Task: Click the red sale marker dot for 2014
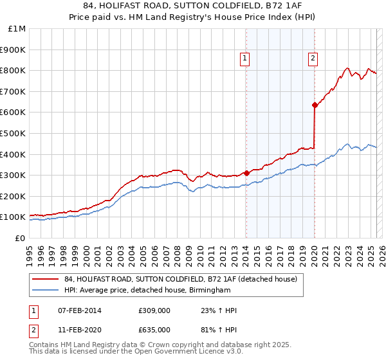coord(246,173)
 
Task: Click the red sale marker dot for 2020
coord(315,105)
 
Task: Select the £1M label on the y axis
coord(17,29)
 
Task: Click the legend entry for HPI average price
coord(147,291)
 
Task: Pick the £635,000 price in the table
coord(154,329)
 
